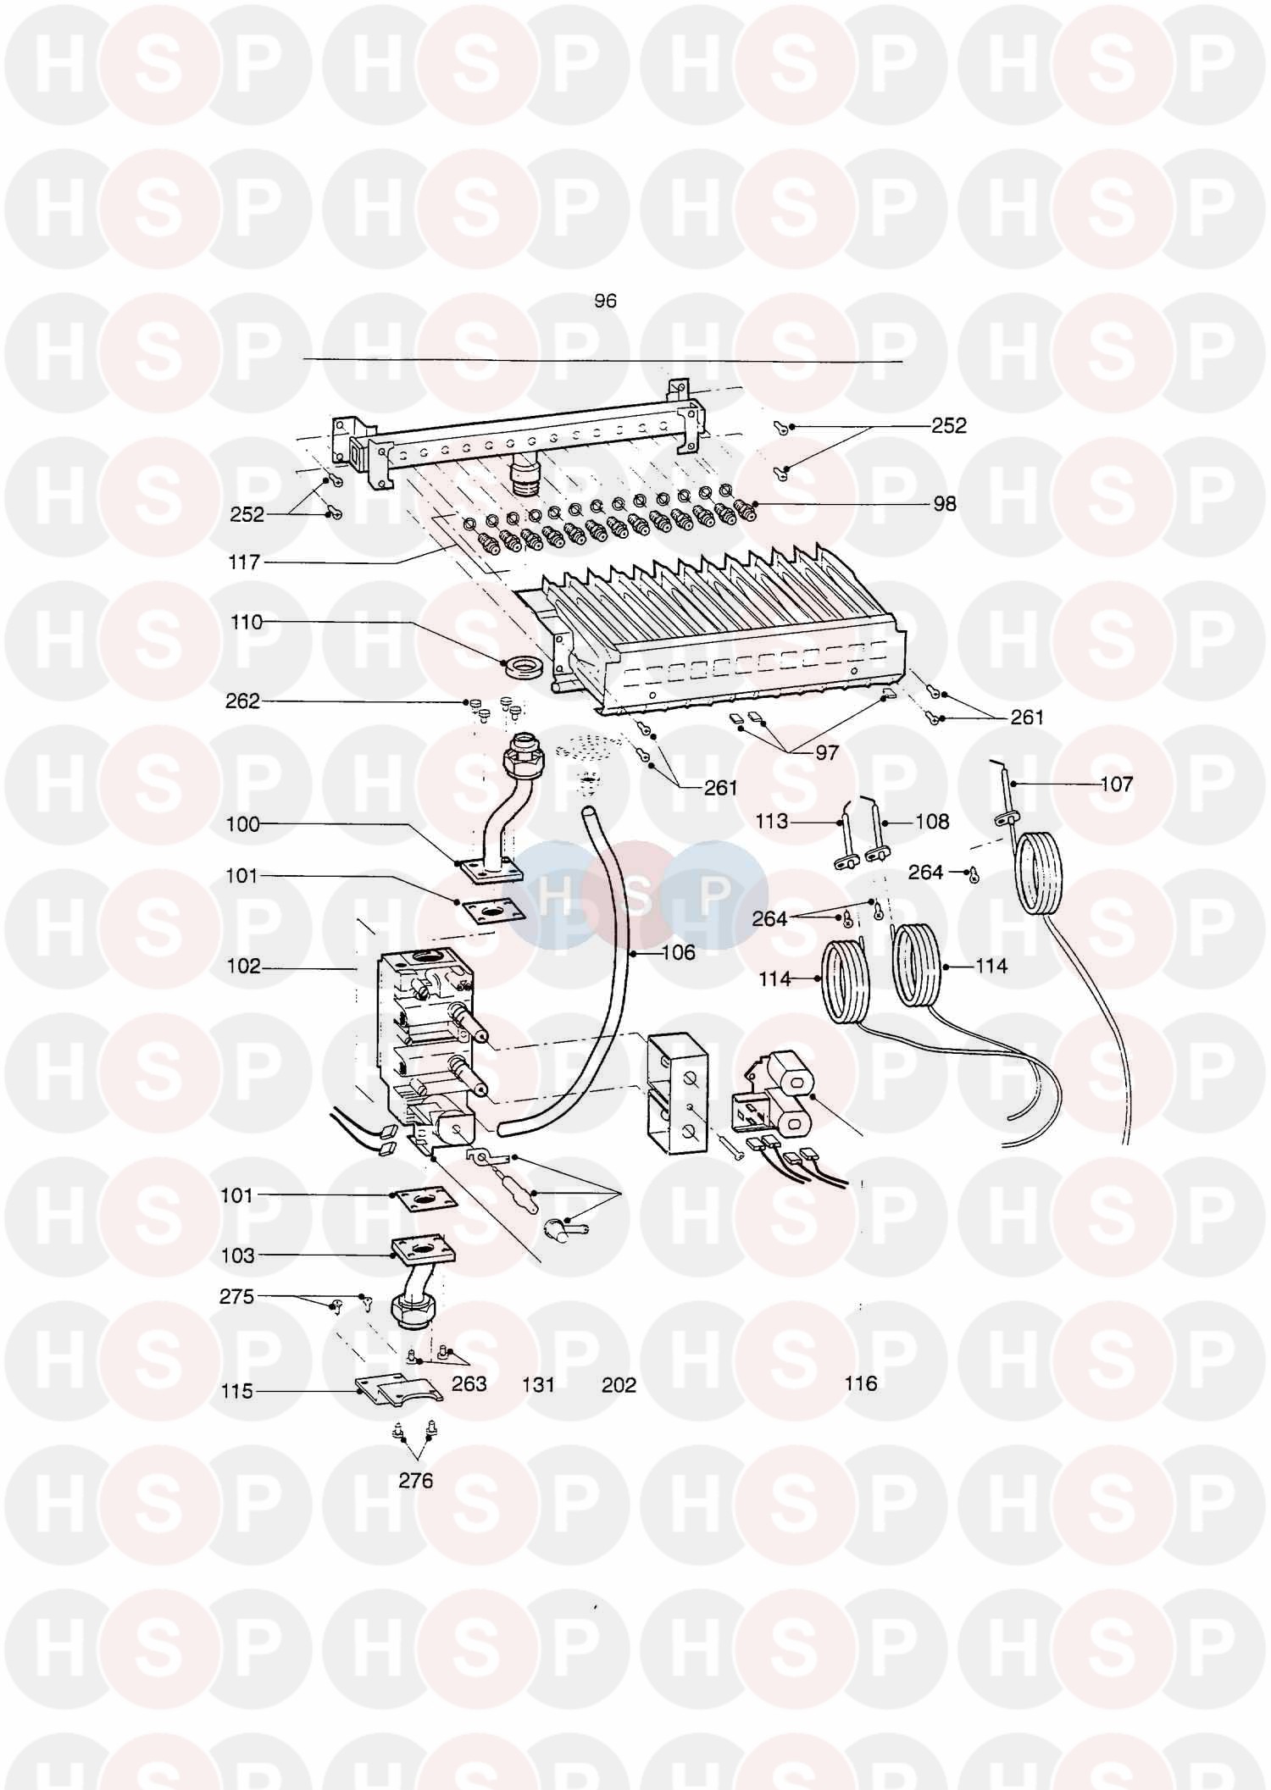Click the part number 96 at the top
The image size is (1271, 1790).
coord(605,301)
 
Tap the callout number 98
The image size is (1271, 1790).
coord(944,504)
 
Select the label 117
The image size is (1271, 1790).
coord(244,562)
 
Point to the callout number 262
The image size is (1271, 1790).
coord(242,701)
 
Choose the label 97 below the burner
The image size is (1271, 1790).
coord(826,752)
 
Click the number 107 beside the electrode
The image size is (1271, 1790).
coord(1116,784)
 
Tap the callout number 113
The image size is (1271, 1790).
coord(772,821)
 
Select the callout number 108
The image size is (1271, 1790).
coord(932,822)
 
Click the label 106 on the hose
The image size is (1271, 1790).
coord(678,953)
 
